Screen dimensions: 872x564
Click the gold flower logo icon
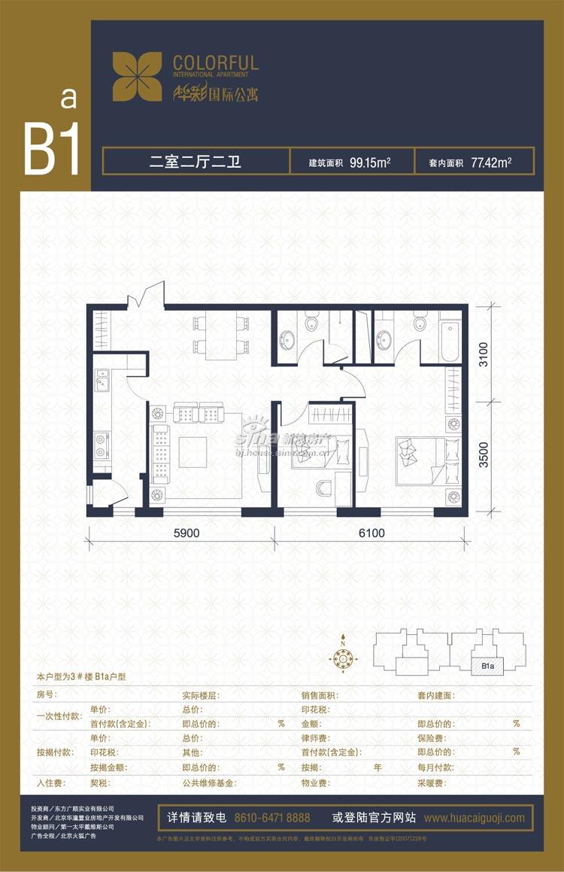(x=137, y=77)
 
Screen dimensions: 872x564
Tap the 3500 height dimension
(x=484, y=454)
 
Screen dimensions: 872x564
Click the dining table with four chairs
(x=221, y=335)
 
